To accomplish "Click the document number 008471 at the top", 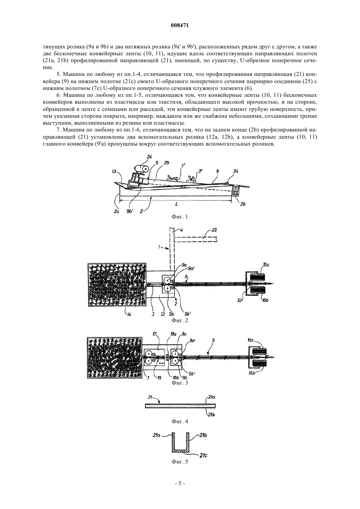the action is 180,26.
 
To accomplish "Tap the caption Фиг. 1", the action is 180,217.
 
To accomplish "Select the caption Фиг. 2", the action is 180,320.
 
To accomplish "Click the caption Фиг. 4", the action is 180,422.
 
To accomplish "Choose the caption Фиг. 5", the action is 180,462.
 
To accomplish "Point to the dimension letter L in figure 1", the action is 177,204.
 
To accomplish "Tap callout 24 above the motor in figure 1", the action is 149,157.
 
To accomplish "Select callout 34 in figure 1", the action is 235,171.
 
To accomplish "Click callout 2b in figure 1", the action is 243,204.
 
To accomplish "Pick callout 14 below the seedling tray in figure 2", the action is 129,315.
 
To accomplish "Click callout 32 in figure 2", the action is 239,300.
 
